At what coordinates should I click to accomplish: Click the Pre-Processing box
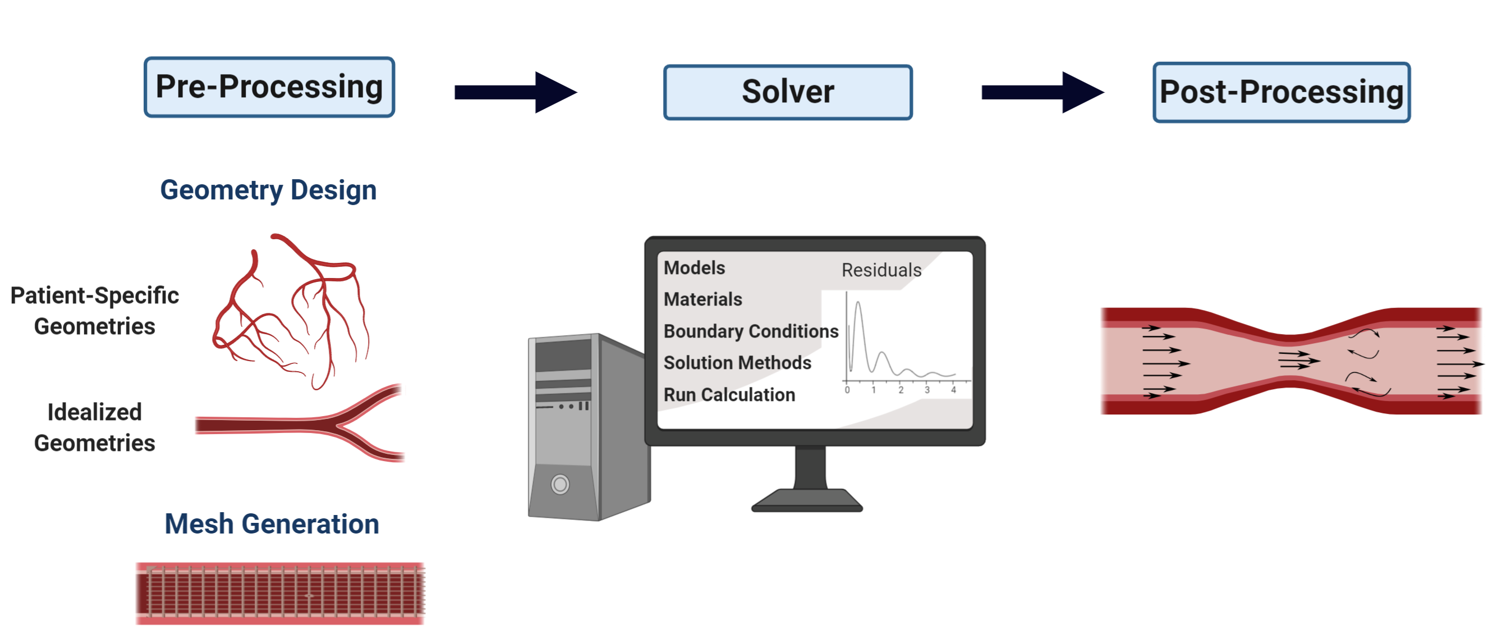[269, 87]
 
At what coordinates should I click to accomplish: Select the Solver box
[788, 93]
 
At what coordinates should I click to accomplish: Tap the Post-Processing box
[1281, 93]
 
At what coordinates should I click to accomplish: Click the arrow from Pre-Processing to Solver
[516, 92]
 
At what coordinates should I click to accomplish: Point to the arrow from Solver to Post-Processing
[1042, 92]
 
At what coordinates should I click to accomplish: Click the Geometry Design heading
[269, 190]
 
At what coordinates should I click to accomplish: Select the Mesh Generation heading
[272, 524]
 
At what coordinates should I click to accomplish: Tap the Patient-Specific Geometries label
[95, 311]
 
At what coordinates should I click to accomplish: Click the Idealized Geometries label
[95, 427]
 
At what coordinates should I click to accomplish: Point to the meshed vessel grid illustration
[280, 593]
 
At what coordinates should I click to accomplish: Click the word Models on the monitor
[694, 268]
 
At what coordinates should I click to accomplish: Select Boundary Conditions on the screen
[751, 331]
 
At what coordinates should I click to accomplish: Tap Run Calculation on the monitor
[729, 394]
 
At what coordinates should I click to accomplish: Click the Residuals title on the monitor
[881, 270]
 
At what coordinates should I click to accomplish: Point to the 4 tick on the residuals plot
[954, 390]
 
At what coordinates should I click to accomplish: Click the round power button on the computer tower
[560, 484]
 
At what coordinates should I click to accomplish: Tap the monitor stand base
[807, 500]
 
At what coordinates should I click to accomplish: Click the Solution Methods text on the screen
[737, 362]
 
